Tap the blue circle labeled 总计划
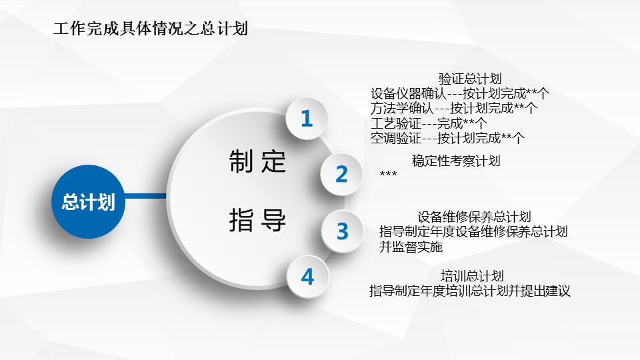[x=87, y=202]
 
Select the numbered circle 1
[x=307, y=119]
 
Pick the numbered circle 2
[x=341, y=174]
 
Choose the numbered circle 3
[x=342, y=231]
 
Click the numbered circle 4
[x=307, y=277]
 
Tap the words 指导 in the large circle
[x=257, y=219]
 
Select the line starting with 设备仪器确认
[x=459, y=94]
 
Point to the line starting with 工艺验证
[x=429, y=123]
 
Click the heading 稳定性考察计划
[x=456, y=161]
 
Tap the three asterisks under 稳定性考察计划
[x=388, y=175]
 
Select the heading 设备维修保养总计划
[x=474, y=217]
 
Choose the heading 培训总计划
[x=472, y=276]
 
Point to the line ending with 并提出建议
[x=470, y=291]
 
